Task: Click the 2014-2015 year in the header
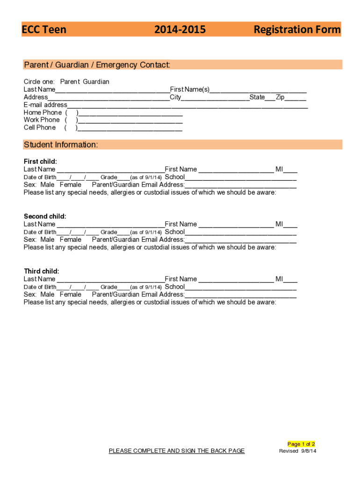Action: click(x=180, y=30)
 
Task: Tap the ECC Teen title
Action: click(x=44, y=30)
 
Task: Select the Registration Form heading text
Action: click(x=297, y=30)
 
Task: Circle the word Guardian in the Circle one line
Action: click(x=96, y=82)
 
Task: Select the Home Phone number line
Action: click(x=130, y=113)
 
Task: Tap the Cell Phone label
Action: click(x=40, y=128)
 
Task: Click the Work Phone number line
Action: click(x=130, y=121)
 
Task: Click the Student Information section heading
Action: click(x=61, y=145)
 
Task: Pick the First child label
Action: click(x=40, y=162)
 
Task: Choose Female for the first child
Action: click(x=71, y=185)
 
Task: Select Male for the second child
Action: click(x=47, y=239)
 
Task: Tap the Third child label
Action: click(x=42, y=271)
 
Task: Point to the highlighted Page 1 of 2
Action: click(x=301, y=444)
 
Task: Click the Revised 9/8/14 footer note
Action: click(x=298, y=451)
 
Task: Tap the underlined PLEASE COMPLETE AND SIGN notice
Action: click(x=177, y=451)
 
